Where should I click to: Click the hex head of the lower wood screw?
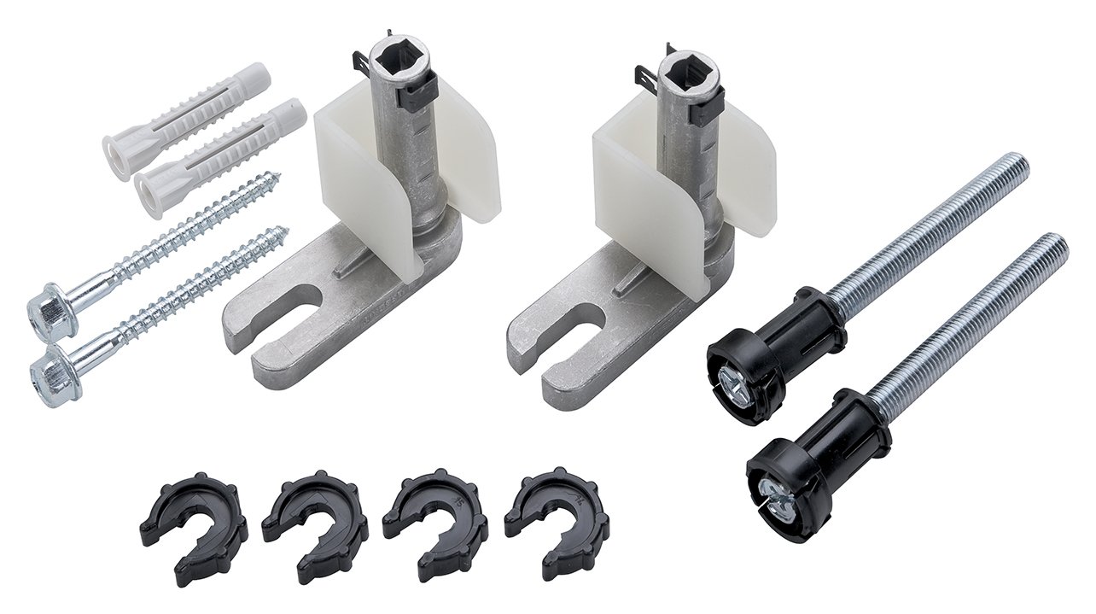53,372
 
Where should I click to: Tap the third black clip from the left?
435,521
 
